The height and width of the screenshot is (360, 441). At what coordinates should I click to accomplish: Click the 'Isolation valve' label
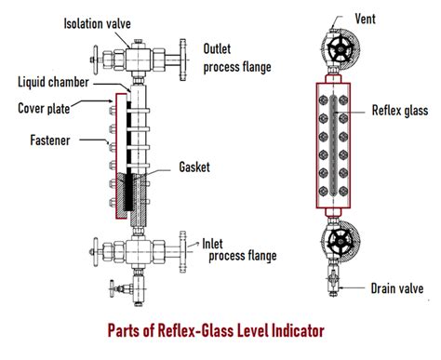[97, 23]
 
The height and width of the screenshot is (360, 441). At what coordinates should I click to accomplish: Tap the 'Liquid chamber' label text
[53, 82]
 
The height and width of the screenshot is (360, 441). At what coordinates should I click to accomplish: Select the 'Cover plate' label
[44, 109]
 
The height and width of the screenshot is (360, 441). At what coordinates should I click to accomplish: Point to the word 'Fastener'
[50, 140]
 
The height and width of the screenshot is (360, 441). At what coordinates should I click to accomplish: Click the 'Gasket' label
[194, 167]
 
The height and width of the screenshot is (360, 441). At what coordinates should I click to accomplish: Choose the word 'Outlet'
[217, 48]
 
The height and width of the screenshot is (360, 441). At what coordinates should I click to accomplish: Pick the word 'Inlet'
[212, 244]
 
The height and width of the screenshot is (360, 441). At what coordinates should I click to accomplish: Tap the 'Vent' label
[365, 19]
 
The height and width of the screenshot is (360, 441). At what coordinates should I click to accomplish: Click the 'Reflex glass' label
[400, 111]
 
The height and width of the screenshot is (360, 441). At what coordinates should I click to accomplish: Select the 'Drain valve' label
[397, 288]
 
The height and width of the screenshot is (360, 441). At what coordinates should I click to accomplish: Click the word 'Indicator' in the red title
[298, 330]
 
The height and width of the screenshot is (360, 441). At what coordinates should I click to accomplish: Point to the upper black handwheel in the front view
[341, 49]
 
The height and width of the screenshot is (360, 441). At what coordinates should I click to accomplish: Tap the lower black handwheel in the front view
[341, 241]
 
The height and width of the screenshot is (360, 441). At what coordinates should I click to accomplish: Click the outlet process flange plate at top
[183, 60]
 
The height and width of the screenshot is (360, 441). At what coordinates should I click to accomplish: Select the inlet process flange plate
[183, 252]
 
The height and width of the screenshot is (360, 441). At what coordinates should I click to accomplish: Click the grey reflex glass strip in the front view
[333, 145]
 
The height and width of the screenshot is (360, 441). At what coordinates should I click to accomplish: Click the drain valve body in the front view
[333, 281]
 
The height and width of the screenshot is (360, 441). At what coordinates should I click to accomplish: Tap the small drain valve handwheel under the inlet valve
[112, 289]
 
